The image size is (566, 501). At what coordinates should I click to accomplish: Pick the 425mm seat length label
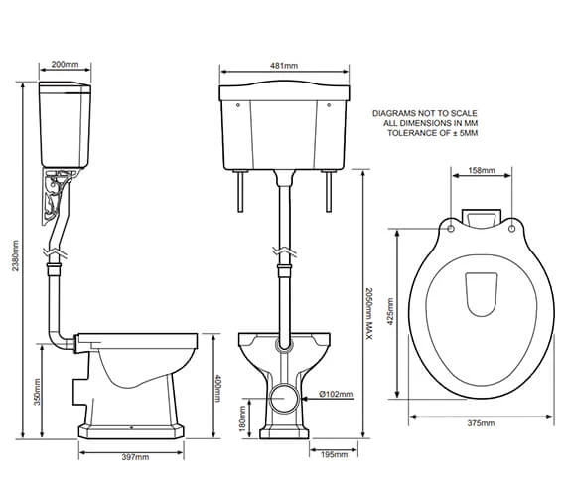[390, 311]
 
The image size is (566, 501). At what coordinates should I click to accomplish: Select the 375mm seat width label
[481, 423]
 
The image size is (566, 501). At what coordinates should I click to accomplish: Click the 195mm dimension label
[334, 454]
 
